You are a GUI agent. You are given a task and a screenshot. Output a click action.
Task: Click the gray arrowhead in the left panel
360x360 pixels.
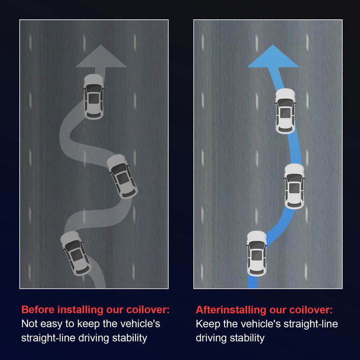[101, 58]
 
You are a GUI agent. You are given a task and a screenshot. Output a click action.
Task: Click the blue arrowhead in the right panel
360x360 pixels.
[273, 58]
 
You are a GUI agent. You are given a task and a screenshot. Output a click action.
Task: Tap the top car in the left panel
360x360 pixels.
[94, 97]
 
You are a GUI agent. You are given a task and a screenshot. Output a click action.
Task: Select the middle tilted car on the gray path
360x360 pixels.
[122, 176]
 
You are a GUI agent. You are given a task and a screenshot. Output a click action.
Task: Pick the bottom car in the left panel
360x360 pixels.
[76, 253]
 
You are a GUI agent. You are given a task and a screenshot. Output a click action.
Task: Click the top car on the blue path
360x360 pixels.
[285, 111]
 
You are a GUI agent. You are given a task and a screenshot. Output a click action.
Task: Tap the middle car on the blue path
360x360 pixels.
[294, 186]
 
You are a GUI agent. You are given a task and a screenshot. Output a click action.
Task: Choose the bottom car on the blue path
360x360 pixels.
[256, 254]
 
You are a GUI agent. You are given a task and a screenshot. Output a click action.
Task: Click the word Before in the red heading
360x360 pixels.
[38, 310]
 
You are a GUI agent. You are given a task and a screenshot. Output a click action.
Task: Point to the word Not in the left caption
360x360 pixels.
[29, 324]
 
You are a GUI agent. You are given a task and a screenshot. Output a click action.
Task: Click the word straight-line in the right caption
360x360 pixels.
[311, 324]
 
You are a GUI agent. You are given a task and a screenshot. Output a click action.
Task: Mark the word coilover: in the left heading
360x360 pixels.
[148, 310]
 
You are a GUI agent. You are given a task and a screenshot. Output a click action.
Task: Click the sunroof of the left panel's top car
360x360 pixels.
[94, 99]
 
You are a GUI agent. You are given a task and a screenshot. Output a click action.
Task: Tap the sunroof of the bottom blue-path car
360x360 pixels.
[256, 255]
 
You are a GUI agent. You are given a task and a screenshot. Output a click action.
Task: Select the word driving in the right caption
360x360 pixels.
[211, 338]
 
